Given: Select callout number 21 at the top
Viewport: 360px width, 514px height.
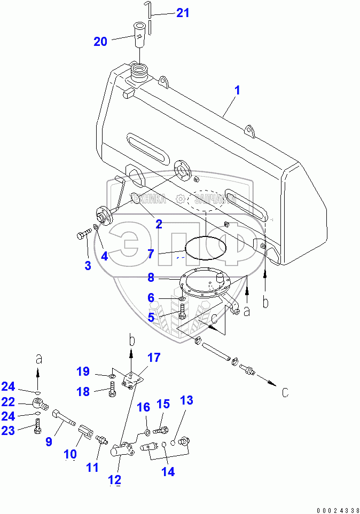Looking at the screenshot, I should click(x=183, y=12).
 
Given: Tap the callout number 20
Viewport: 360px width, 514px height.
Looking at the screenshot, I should click(x=100, y=41).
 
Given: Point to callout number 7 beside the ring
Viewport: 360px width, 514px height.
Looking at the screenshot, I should click(x=152, y=254).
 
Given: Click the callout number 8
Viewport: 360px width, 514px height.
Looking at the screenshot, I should click(x=151, y=278).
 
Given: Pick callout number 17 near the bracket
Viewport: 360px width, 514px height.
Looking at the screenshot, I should click(x=153, y=358).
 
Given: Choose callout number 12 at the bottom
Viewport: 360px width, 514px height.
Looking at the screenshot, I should click(x=115, y=479).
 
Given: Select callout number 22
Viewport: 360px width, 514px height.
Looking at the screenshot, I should click(x=8, y=401).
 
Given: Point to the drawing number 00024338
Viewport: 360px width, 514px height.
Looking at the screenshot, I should click(x=339, y=510).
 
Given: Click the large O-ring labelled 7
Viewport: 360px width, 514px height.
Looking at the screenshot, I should click(x=206, y=249).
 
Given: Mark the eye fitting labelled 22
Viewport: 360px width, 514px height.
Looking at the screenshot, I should click(x=38, y=402).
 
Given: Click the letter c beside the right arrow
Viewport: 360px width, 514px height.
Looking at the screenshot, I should click(x=285, y=393).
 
